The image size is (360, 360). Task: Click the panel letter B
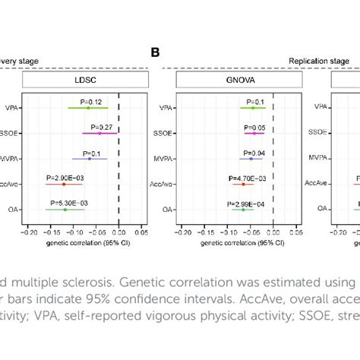156,52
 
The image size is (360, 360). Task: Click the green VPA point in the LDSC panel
89,108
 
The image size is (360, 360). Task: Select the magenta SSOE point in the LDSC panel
99,133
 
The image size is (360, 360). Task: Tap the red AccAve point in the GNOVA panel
243,184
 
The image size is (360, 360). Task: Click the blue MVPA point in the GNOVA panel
251,159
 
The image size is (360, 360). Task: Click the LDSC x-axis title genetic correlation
84,242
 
